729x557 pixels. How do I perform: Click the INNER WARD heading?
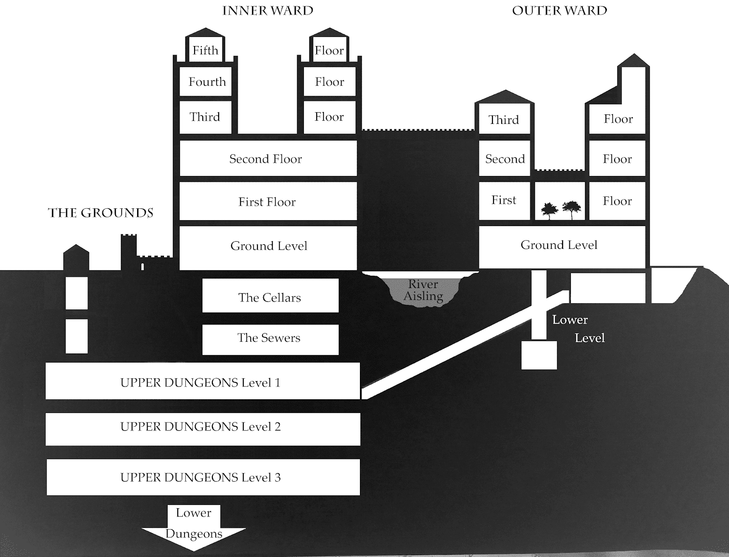click(267, 11)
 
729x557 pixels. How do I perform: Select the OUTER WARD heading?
click(560, 11)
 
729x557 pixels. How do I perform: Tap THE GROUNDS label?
click(101, 213)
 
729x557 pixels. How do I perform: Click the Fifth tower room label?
click(205, 50)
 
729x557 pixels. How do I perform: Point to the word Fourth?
click(207, 82)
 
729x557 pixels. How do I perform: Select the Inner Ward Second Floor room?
click(268, 159)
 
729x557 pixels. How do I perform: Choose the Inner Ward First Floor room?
click(268, 201)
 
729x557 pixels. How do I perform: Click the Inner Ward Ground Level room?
click(268, 246)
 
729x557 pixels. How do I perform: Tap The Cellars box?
click(270, 297)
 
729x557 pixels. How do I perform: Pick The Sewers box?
click(270, 338)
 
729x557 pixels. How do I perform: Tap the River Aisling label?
click(424, 290)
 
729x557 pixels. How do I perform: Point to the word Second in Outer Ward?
click(505, 159)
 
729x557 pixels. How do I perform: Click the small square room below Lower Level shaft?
click(539, 355)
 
